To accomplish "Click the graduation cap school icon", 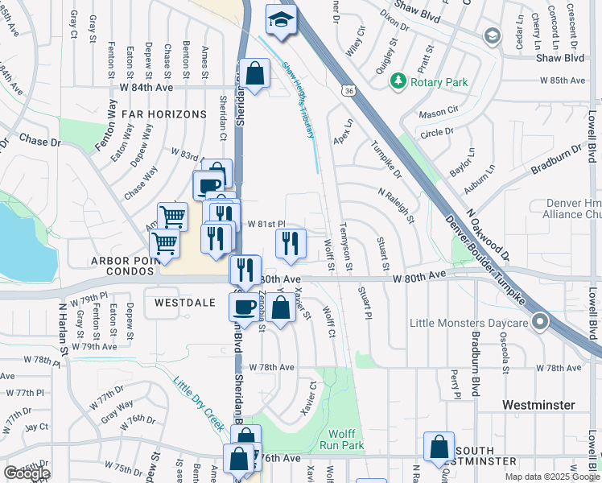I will click(x=281, y=20).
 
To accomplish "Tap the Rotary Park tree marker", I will click(x=398, y=81).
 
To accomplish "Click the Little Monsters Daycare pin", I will click(x=540, y=323).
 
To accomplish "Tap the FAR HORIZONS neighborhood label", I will click(x=164, y=114).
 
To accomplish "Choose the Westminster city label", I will click(x=538, y=404).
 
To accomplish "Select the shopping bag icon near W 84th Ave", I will click(x=254, y=73).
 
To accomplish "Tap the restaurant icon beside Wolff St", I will click(x=291, y=242).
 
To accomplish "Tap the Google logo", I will click(x=27, y=473).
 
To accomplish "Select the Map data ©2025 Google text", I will click(x=552, y=477).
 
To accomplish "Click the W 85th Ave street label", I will click(x=562, y=80).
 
